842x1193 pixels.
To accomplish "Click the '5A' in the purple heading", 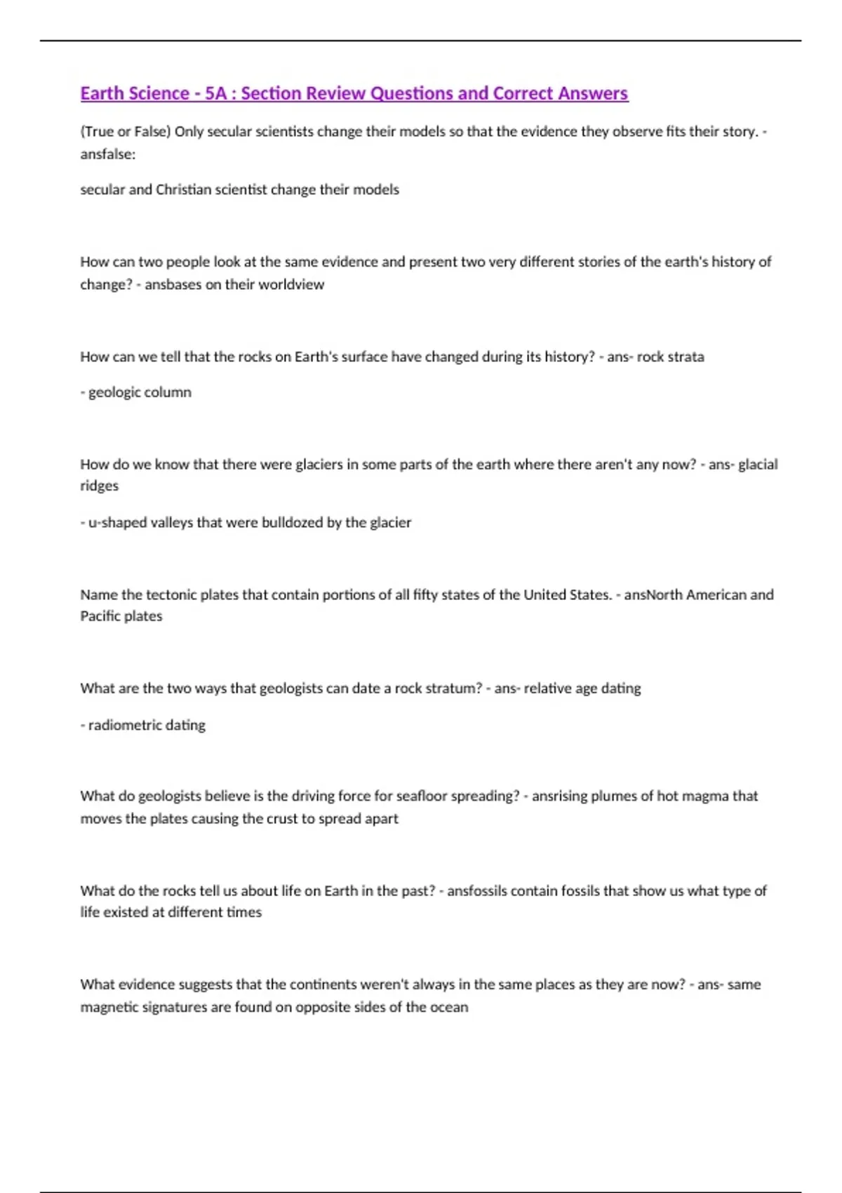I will pyautogui.click(x=216, y=93).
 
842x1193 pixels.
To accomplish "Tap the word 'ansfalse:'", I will pyautogui.click(x=108, y=154).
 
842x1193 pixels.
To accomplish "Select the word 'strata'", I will pyautogui.click(x=686, y=356).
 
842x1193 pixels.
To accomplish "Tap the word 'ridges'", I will pyautogui.click(x=100, y=486).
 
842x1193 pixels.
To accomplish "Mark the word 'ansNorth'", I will pyautogui.click(x=653, y=594).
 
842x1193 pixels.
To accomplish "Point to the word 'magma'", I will pyautogui.click(x=705, y=796).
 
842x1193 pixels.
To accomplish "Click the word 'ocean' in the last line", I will pyautogui.click(x=449, y=1007).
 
